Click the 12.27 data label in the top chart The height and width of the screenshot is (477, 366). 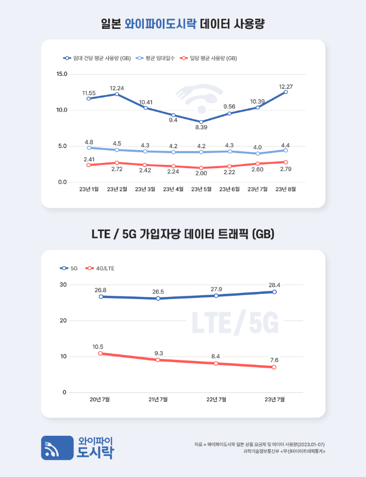pos(286,86)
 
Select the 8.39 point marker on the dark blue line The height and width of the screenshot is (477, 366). pos(201,122)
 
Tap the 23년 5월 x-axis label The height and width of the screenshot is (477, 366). pos(201,189)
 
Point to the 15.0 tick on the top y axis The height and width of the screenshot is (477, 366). pos(62,74)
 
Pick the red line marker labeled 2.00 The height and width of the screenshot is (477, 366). pos(201,168)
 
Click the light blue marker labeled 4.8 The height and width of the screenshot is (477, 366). pos(89,148)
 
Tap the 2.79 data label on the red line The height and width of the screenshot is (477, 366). pos(286,169)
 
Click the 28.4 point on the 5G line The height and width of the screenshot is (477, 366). pos(274,292)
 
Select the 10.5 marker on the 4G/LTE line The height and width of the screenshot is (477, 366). pos(101,353)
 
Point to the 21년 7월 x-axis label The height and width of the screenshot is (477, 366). pos(158,399)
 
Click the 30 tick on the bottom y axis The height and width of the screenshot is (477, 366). pos(63,285)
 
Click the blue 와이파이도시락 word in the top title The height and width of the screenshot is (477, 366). pos(160,24)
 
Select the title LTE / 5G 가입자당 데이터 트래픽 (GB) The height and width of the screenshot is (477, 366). pos(183,234)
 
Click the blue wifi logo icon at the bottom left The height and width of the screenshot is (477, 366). pos(57,448)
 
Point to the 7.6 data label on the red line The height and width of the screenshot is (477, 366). pos(274,359)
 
